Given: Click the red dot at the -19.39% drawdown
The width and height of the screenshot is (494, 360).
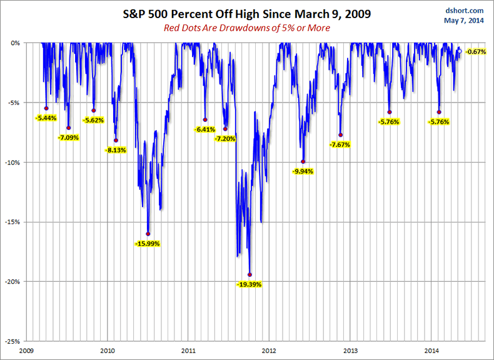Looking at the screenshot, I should click(250, 274).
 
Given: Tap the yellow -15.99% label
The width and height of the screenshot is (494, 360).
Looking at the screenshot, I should click(146, 243).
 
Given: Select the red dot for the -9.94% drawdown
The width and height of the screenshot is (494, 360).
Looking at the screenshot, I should click(303, 162).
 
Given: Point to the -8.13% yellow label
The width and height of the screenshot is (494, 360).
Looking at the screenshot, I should click(116, 150).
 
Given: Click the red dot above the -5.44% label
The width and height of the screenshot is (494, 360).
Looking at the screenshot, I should click(46, 108).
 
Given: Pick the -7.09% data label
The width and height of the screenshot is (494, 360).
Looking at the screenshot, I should click(68, 137).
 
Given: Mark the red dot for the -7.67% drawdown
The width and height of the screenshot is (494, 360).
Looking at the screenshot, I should click(341, 135).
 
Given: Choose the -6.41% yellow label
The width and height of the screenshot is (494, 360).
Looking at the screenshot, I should click(204, 129).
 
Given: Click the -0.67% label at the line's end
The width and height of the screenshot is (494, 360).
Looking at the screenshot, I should click(476, 51).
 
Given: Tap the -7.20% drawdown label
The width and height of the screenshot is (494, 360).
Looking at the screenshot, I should click(224, 139).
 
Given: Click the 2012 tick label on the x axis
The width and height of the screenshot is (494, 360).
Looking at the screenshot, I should click(270, 351).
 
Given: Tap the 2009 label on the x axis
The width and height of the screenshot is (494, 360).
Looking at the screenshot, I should click(26, 351).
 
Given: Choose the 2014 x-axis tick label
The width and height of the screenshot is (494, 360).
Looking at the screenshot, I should click(431, 351).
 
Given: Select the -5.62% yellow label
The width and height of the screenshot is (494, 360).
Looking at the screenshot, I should click(93, 120).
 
